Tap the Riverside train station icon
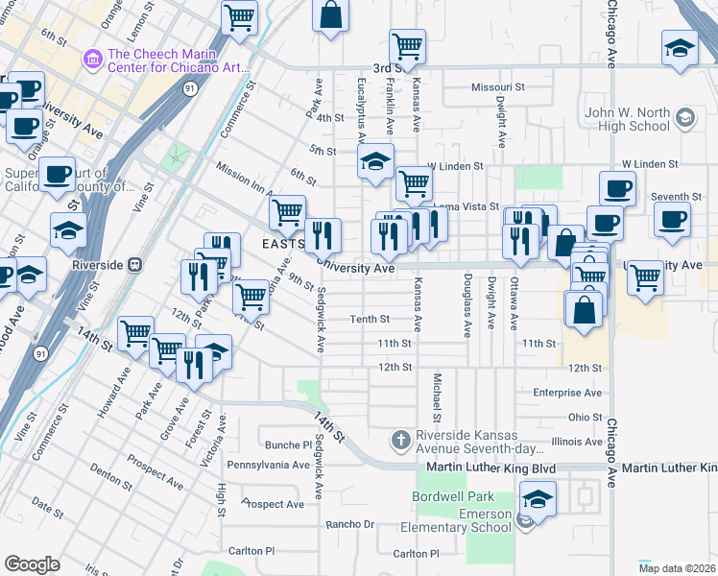[x=136, y=263]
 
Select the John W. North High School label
[x=628, y=119]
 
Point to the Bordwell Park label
[x=452, y=496]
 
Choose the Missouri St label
[x=498, y=87]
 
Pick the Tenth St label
[x=369, y=319]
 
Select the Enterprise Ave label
[x=567, y=393]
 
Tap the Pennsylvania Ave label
[x=268, y=465]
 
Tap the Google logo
[x=32, y=564]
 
